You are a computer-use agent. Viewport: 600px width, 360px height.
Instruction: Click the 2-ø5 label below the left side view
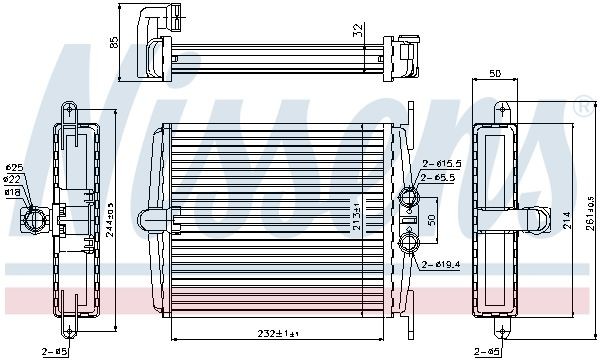54,351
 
